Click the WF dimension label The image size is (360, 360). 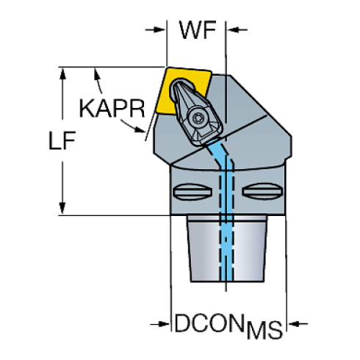(198, 30)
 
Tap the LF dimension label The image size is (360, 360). (62, 140)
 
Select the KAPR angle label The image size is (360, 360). (112, 109)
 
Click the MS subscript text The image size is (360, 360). (264, 331)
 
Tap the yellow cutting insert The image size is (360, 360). (182, 90)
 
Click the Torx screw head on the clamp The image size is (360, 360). (197, 118)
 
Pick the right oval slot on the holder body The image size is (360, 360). (262, 191)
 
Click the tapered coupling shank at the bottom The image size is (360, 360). (227, 248)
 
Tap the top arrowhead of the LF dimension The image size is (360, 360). (63, 73)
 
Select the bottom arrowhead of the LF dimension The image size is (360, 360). (62, 209)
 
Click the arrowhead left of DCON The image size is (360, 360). (164, 324)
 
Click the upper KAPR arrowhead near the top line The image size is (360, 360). (97, 74)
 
